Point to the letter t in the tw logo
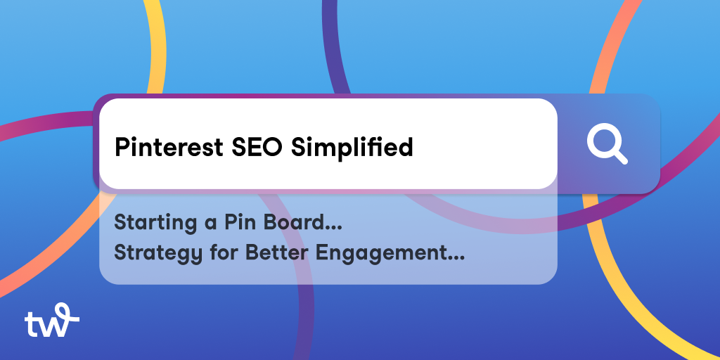pos(30,324)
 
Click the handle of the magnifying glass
pos(619,157)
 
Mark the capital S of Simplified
pos(297,148)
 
